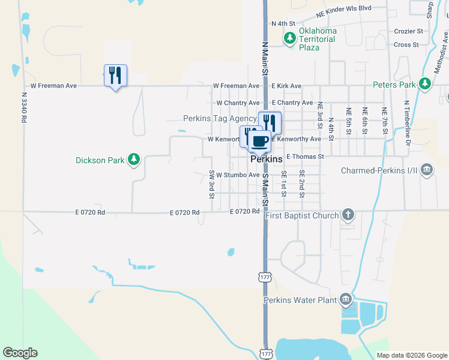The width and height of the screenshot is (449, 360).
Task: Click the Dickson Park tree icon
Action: [x=135, y=160]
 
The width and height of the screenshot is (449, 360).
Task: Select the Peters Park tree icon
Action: [x=426, y=84]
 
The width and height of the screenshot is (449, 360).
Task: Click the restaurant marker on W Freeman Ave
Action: [x=115, y=76]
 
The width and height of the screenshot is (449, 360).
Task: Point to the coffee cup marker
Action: [x=259, y=142]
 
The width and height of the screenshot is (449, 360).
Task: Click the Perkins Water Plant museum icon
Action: [x=345, y=299]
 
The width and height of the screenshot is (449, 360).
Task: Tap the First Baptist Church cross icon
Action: [x=348, y=215]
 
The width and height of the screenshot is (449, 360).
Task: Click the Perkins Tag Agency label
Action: [x=220, y=118]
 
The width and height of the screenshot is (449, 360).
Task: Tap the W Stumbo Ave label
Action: [x=238, y=175]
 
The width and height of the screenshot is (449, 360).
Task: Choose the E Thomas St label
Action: [x=305, y=157]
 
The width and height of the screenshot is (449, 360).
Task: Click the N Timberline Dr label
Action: [x=406, y=123]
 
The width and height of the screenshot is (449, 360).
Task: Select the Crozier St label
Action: [x=409, y=31]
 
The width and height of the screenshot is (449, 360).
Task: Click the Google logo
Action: [x=20, y=353]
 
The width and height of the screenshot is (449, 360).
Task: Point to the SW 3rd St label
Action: [x=212, y=184]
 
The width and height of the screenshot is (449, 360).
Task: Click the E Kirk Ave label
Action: [x=286, y=86]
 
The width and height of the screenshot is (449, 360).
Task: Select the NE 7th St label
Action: [x=384, y=120]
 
